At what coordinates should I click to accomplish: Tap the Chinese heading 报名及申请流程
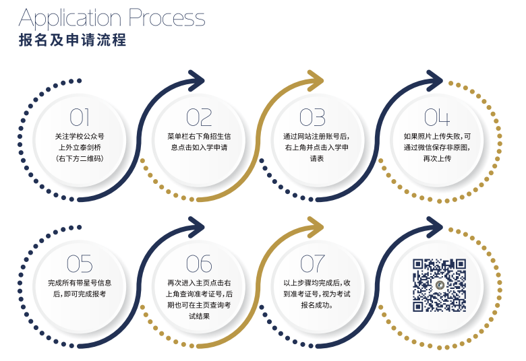point(72,40)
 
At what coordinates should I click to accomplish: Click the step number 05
point(80,263)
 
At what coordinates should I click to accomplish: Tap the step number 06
point(199,263)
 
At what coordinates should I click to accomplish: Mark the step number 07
point(312,263)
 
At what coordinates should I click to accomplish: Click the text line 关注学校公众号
point(80,136)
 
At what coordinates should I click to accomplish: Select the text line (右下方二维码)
point(80,159)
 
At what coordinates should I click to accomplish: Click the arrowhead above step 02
point(196,81)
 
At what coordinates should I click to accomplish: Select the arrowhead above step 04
point(434,81)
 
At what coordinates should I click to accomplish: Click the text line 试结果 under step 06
point(199,316)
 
